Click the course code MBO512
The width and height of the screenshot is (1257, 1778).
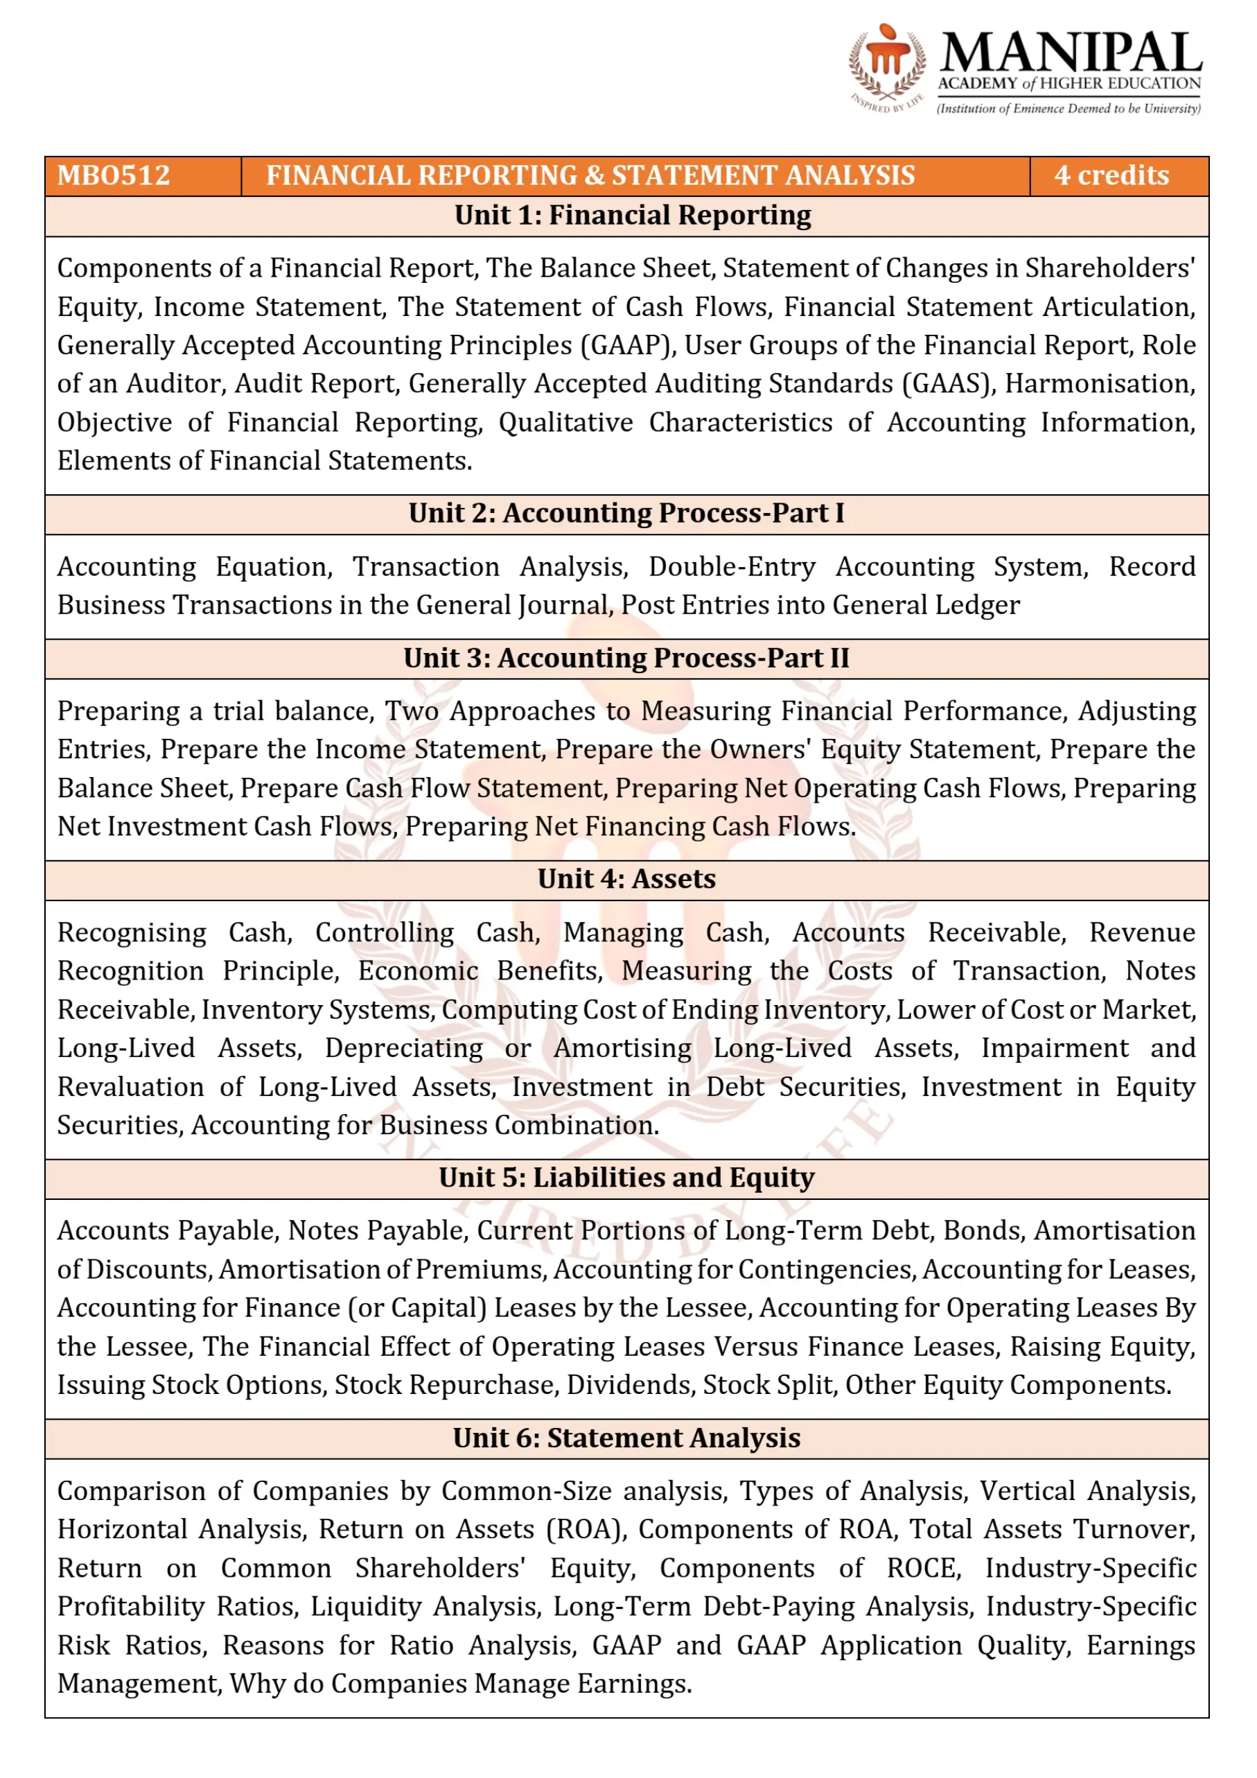pos(114,176)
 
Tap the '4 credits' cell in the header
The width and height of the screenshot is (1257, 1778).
pos(1111,176)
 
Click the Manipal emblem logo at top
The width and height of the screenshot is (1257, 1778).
pos(886,66)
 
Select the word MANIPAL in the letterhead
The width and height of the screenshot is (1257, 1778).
pos(1071,53)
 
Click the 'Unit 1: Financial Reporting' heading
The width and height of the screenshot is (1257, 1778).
pos(633,216)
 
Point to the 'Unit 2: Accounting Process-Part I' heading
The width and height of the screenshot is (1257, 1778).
pos(626,514)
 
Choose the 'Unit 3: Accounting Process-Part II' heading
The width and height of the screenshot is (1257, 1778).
pos(626,659)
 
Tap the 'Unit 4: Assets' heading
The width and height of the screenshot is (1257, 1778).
pos(626,879)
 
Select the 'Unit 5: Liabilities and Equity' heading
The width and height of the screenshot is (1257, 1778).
pos(626,1178)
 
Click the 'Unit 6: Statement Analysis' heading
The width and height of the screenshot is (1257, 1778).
pos(626,1438)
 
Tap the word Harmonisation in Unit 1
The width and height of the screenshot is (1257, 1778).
pos(1100,384)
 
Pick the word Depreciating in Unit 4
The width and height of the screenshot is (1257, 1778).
pos(404,1049)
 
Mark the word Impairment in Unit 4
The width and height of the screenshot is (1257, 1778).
pos(1054,1049)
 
